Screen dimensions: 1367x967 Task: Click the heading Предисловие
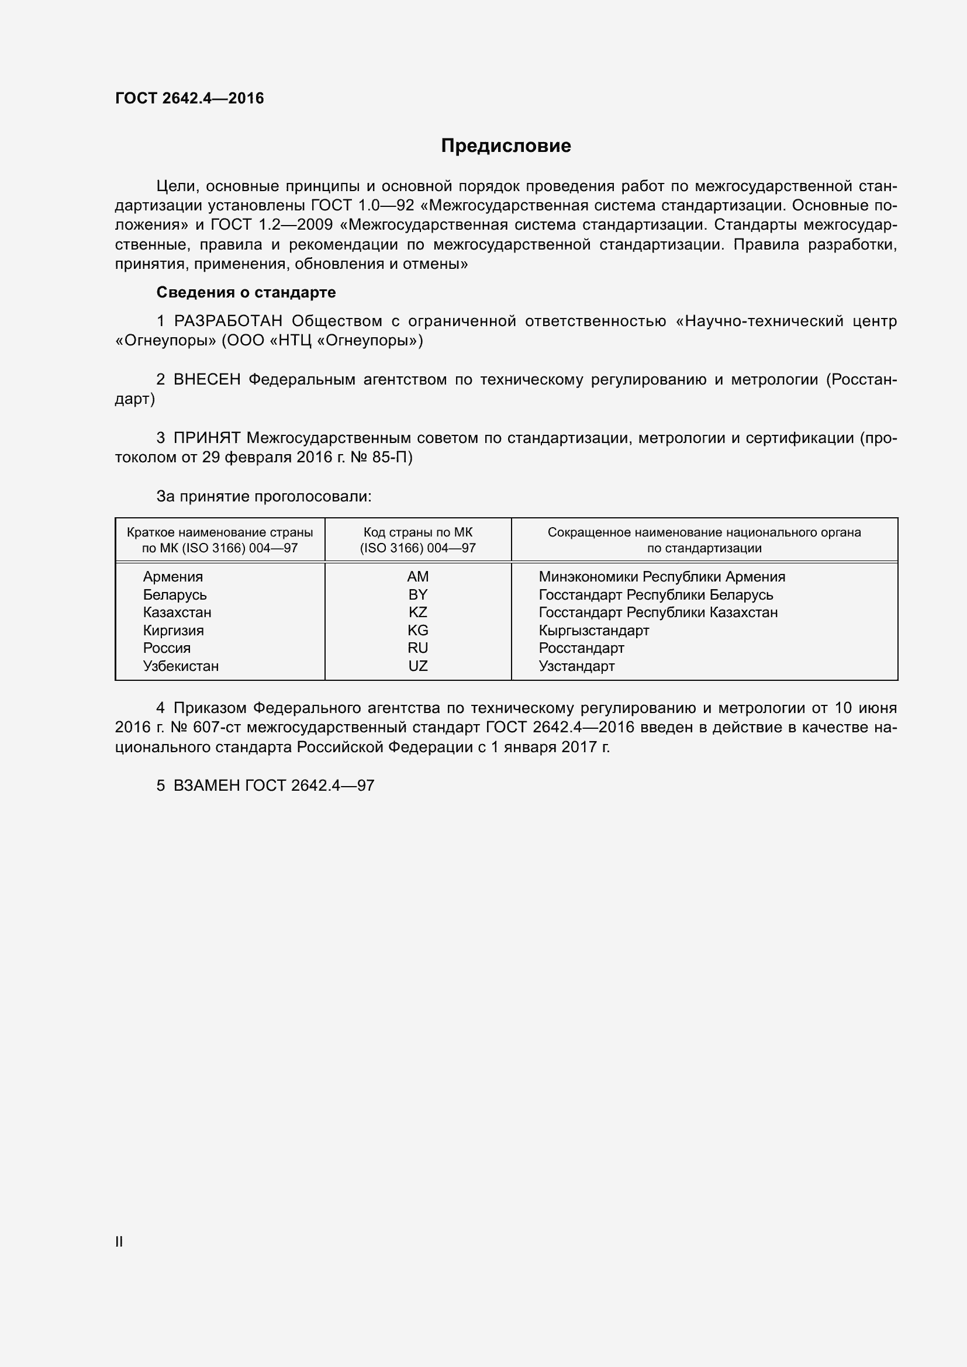pos(506,146)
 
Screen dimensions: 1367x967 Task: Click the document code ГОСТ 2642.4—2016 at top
pos(189,98)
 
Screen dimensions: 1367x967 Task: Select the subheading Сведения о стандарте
pos(246,292)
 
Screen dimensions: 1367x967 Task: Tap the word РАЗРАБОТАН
pos(228,321)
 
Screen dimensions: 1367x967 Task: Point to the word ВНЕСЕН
pos(206,380)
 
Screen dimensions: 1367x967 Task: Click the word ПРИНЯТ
pos(206,438)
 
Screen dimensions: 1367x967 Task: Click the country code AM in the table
pos(417,576)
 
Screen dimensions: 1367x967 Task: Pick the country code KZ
pos(417,612)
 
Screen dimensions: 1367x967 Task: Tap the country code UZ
pos(417,666)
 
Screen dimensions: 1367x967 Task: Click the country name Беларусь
pos(174,594)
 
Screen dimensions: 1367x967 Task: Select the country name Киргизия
pos(172,630)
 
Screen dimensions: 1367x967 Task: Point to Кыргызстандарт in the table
pos(593,630)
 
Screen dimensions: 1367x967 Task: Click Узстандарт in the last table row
pos(576,666)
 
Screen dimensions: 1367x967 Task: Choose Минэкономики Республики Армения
pos(662,576)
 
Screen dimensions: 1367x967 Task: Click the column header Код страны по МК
pos(417,532)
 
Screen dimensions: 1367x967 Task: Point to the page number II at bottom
pos(119,1241)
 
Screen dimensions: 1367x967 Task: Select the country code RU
pos(417,648)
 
